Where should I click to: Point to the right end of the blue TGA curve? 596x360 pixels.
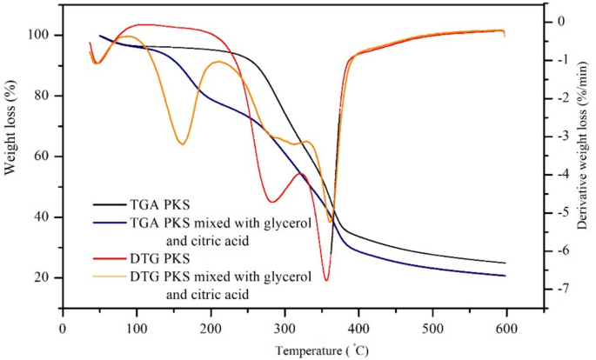506,276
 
